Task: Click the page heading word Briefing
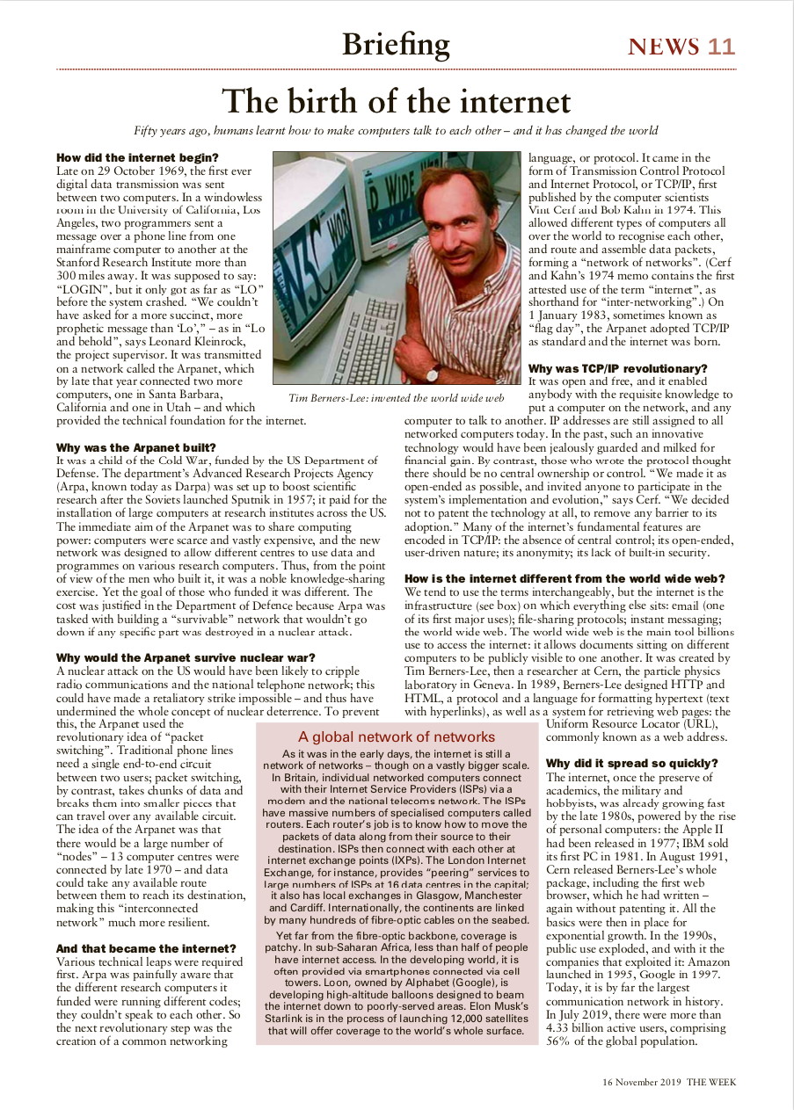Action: [396, 44]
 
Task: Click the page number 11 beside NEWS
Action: [721, 47]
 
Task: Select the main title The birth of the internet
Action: [396, 102]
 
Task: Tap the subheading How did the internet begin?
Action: [131, 157]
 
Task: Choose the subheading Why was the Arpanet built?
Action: [135, 447]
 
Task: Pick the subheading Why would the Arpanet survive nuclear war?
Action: [186, 657]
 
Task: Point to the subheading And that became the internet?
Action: [146, 948]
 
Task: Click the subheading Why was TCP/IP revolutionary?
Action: [617, 367]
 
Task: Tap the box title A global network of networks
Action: [397, 736]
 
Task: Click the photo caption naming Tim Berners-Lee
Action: [396, 398]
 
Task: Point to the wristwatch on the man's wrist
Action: [433, 373]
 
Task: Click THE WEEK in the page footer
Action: [711, 1082]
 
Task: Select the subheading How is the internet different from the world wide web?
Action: [565, 578]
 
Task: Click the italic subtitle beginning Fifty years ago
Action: [396, 131]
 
